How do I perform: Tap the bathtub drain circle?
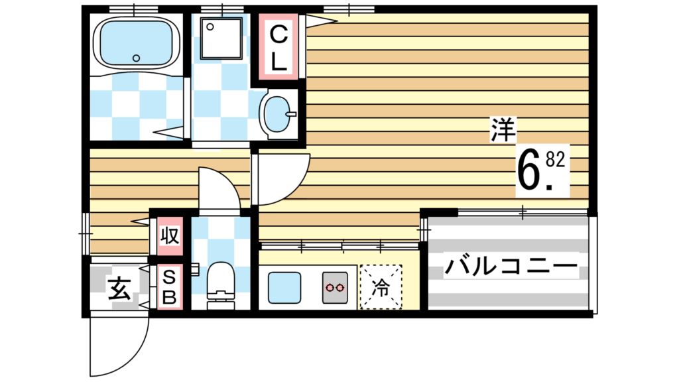pos(136,58)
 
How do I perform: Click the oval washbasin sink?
pos(279,115)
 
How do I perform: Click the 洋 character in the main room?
pos(503,130)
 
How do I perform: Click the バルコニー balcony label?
pos(510,268)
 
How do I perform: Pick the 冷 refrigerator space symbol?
pos(381,287)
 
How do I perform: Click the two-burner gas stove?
pos(336,288)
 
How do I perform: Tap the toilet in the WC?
pos(221,281)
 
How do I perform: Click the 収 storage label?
pos(170,235)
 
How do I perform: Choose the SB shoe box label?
pos(169,286)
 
